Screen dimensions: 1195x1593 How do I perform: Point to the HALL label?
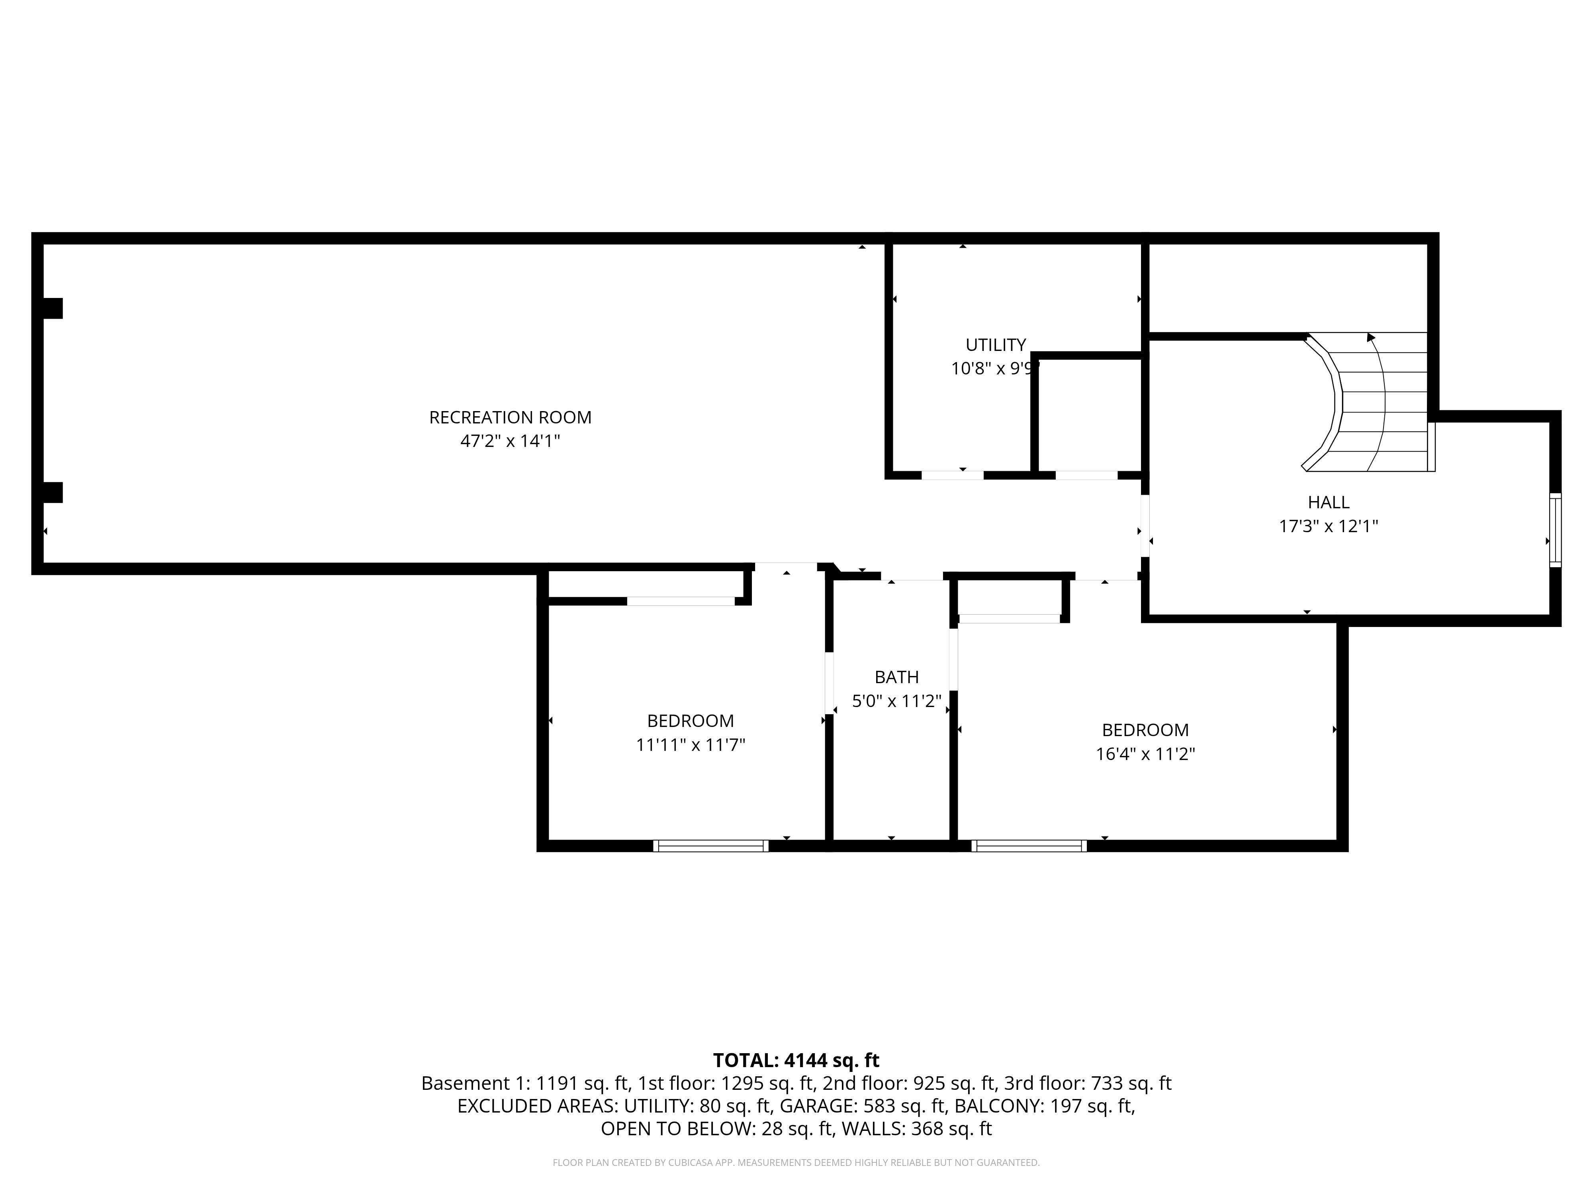click(1328, 502)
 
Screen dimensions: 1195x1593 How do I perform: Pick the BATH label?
click(896, 677)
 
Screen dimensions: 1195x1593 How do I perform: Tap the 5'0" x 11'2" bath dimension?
click(896, 701)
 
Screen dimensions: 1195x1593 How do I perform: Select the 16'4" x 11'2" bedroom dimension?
click(1145, 754)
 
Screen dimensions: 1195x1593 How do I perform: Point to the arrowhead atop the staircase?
click(1370, 337)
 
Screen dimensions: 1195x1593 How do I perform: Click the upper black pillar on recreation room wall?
click(52, 308)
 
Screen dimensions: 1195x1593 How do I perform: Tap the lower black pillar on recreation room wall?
click(52, 493)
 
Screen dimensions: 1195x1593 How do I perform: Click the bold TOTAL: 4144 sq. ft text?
click(796, 1060)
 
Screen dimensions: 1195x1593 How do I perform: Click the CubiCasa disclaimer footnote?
click(796, 1163)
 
